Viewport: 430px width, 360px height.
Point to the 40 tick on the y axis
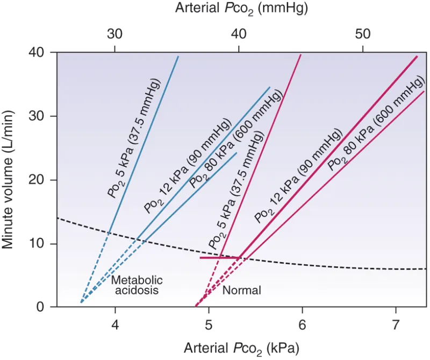click(42, 53)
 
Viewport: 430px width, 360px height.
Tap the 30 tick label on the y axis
click(42, 116)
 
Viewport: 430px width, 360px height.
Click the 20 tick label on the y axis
click(42, 180)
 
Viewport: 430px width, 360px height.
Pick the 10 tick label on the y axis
click(42, 244)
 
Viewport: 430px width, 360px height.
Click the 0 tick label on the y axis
click(45, 307)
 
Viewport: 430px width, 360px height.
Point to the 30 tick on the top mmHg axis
click(114, 34)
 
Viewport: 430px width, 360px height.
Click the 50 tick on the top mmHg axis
click(363, 34)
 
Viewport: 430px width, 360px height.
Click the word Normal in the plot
click(241, 291)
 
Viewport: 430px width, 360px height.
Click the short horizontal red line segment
click(219, 258)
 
